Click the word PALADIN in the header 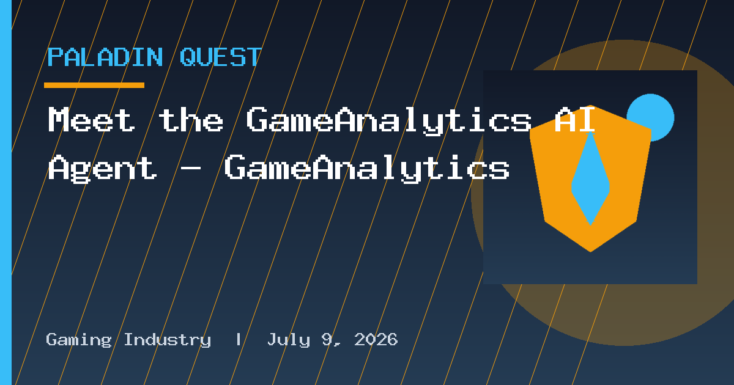[x=105, y=57]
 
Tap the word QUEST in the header [x=221, y=57]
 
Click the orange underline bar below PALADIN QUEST [x=94, y=85]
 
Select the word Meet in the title [x=92, y=119]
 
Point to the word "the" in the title [x=191, y=119]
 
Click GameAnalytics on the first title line [x=389, y=120]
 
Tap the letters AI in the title [x=575, y=119]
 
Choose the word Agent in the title [x=103, y=169]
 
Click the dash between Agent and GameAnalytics [x=190, y=168]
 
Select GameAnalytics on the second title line [x=366, y=169]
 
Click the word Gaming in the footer [x=79, y=340]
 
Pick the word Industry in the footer [x=168, y=340]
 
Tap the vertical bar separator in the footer [x=239, y=340]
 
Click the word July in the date [x=289, y=340]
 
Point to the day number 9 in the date [x=327, y=339]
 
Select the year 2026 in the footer [x=376, y=339]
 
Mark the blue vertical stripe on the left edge [x=6, y=193]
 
